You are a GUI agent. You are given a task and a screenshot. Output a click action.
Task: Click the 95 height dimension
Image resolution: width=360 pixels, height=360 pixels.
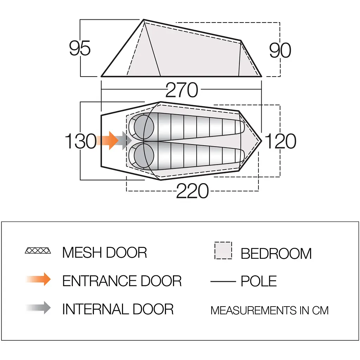80,48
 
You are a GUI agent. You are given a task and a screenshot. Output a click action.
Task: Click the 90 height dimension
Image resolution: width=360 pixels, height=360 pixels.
280,50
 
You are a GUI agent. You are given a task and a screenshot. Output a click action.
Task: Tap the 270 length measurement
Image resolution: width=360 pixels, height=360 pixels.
182,90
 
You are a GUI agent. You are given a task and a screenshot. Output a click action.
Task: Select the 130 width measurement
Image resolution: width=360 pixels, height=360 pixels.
81,141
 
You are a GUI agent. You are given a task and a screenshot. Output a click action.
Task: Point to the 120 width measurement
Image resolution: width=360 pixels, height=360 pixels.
280,141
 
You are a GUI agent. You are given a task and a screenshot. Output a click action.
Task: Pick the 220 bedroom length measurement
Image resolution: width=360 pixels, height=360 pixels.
192,191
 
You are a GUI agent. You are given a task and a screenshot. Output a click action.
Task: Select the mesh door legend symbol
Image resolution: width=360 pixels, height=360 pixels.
38,250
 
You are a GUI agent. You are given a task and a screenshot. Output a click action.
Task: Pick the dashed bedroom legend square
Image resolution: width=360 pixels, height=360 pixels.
223,250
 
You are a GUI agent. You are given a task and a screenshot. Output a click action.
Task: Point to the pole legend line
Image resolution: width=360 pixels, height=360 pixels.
223,281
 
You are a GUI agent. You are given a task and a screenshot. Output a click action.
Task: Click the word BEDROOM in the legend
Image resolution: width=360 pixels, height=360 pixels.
276,254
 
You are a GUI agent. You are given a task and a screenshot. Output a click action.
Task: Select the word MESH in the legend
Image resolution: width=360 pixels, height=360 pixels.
82,252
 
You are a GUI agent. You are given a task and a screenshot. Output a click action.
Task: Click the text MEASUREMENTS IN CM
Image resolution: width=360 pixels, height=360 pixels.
270,310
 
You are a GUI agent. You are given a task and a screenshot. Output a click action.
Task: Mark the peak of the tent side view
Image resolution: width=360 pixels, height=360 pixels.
144,20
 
